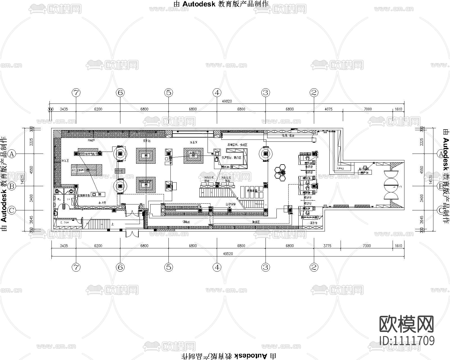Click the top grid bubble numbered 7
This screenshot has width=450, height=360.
click(76, 93)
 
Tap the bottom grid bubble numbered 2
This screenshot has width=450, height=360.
click(314, 267)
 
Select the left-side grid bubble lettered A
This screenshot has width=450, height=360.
click(12, 154)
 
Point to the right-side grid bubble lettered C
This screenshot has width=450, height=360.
click(440, 210)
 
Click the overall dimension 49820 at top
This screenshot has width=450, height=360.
click(227, 101)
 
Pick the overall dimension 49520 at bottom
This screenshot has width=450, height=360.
click(228, 253)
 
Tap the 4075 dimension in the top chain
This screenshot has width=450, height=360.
click(328, 109)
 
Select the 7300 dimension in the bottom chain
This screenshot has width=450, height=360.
click(367, 246)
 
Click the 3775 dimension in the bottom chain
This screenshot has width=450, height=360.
click(327, 246)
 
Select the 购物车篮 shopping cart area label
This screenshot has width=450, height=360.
click(252, 191)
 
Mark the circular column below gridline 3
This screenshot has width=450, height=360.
click(265, 154)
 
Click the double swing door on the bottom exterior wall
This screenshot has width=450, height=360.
click(132, 233)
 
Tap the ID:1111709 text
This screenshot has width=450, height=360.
click(407, 340)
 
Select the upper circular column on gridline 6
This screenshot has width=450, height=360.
click(120, 154)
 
